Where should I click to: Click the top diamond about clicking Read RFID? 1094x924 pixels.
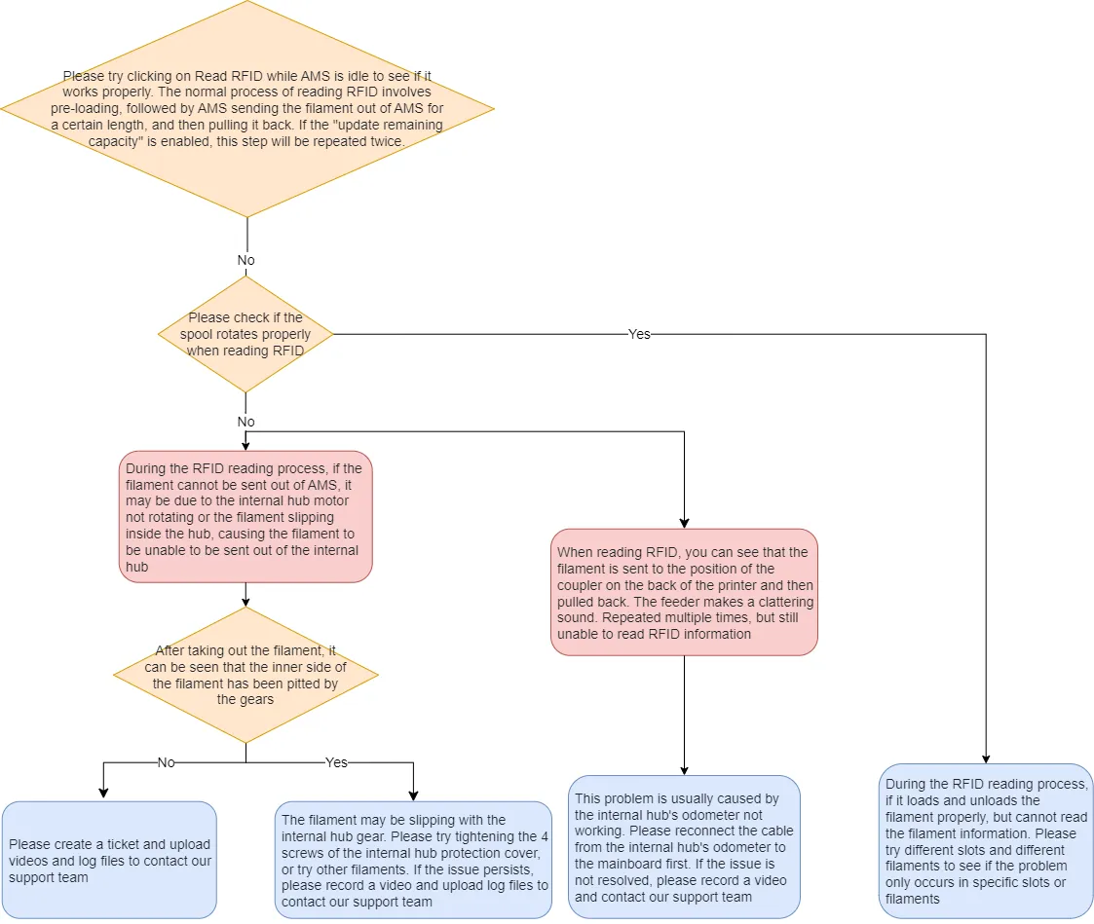point(247,109)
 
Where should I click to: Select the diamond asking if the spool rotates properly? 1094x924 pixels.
point(245,334)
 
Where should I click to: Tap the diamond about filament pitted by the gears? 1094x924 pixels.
point(245,675)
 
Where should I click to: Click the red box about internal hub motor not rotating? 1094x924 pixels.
point(245,517)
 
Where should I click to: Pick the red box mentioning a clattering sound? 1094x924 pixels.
point(684,592)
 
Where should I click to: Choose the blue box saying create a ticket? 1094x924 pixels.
point(109,860)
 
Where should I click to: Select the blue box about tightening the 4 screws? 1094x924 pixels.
point(413,860)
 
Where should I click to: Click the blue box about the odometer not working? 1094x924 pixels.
point(684,846)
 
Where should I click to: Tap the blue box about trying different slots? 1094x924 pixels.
point(985,841)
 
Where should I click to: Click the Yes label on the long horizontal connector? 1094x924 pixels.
point(639,334)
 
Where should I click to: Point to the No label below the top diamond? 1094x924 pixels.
point(246,260)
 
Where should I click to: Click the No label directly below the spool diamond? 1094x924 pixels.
point(246,422)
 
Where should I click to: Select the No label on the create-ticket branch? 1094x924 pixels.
point(166,763)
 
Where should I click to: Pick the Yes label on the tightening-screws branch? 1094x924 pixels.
point(336,763)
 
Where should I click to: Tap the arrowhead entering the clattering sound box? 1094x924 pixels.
point(685,523)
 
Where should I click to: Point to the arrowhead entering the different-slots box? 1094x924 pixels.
point(986,758)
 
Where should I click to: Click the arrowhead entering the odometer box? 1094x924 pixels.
point(685,770)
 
